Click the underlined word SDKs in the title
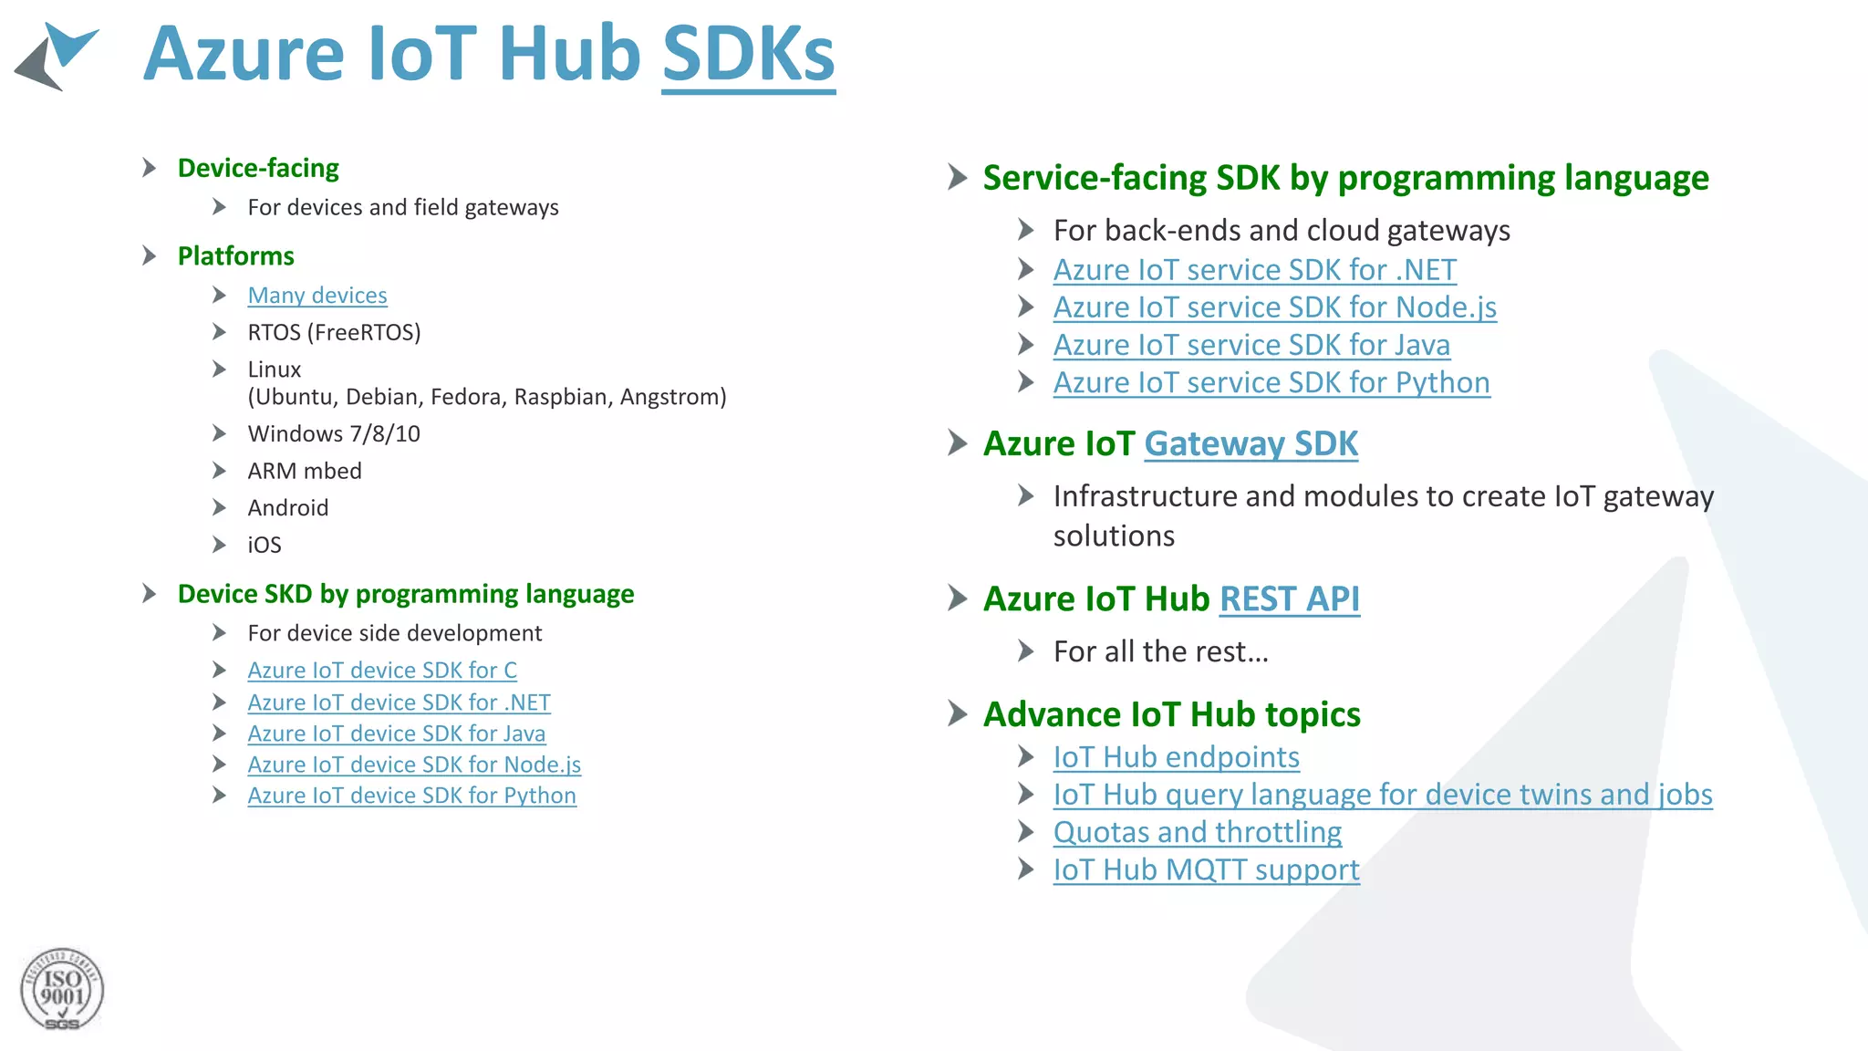748,55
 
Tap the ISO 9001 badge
62,990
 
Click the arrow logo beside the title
57,57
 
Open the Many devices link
317,296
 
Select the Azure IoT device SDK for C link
382,671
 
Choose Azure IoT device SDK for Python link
411,796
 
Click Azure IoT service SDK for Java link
1251,346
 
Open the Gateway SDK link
1251,444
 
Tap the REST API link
1289,599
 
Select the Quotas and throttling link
1197,833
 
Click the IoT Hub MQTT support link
1206,870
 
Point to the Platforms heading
235,256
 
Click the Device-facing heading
258,169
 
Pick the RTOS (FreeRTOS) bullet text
334,333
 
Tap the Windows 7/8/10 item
334,434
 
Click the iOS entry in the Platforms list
265,546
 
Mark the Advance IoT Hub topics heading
1171,715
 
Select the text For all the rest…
1160,652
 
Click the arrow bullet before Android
219,507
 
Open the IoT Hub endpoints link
1176,758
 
